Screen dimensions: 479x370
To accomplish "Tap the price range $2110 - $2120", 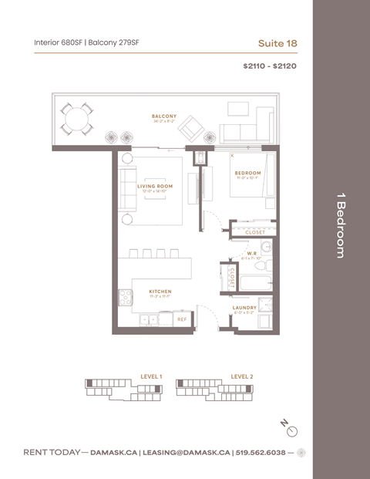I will coord(270,66).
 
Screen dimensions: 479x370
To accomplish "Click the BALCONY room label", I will coord(164,116).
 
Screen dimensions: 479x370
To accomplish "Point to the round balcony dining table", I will coord(77,120).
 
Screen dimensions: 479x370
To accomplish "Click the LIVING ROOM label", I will coord(154,186).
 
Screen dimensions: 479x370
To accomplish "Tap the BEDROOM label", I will coord(248,173).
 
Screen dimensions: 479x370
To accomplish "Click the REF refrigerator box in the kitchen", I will coord(182,318).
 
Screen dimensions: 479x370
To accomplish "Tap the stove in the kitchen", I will coord(125,295).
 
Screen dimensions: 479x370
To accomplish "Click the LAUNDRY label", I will coord(244,308).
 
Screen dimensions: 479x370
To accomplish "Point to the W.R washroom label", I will coord(251,252).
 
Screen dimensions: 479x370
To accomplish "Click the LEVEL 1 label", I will coord(151,376).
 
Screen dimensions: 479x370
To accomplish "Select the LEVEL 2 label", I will coord(241,376).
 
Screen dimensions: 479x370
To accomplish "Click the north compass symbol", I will coord(290,428).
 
